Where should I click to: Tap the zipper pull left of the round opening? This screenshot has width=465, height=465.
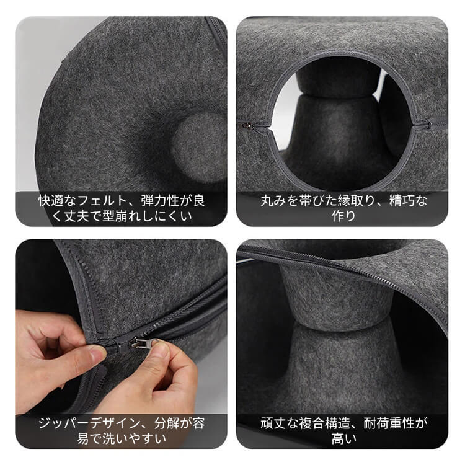pos(249,125)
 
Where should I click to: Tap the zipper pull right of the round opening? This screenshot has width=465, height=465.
pos(423,124)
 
